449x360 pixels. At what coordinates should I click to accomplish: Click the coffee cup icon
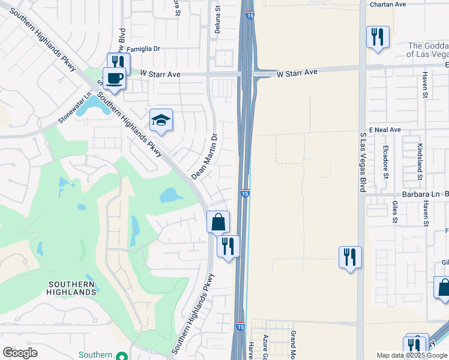(114, 77)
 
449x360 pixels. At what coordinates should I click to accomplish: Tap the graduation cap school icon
(161, 120)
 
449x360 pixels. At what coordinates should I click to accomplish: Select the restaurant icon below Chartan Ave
(378, 37)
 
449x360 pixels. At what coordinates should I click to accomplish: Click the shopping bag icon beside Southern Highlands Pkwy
(218, 221)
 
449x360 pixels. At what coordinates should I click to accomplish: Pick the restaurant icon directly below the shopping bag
(228, 246)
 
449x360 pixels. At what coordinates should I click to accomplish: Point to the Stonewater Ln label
(74, 108)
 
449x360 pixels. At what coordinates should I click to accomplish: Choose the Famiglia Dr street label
(145, 49)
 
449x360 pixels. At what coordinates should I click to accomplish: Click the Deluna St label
(219, 20)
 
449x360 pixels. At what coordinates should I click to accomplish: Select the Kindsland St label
(420, 160)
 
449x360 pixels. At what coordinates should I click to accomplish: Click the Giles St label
(395, 211)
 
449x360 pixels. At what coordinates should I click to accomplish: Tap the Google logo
(20, 352)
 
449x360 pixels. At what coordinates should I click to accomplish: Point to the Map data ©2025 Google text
(412, 355)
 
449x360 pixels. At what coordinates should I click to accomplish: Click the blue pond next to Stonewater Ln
(90, 107)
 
